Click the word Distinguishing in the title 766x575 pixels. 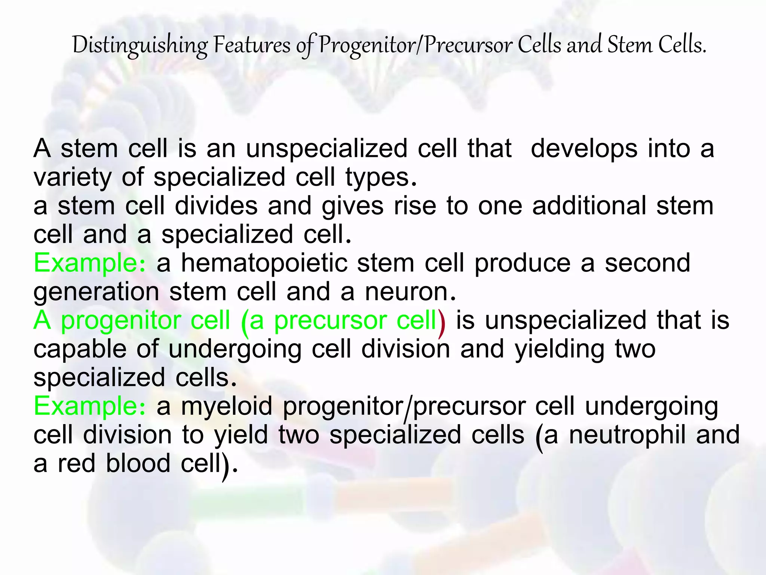140,46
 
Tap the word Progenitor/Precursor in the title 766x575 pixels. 416,46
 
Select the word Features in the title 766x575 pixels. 252,46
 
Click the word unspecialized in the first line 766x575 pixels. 327,149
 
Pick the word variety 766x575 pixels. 73,177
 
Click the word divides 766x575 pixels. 216,206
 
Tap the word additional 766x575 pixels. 589,206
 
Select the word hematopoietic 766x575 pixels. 264,263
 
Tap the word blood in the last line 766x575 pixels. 138,463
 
